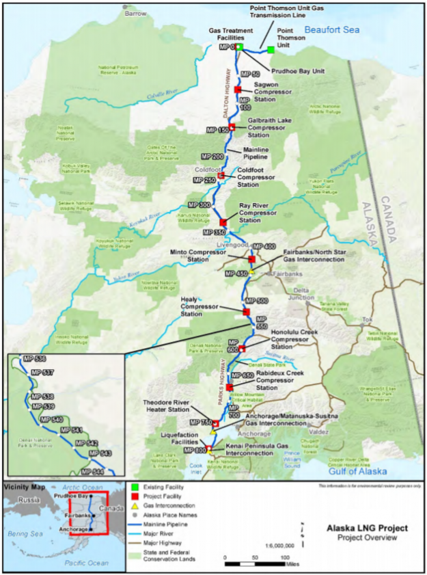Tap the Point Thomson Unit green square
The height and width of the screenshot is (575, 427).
[271, 50]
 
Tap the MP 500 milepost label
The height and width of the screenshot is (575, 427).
[257, 301]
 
